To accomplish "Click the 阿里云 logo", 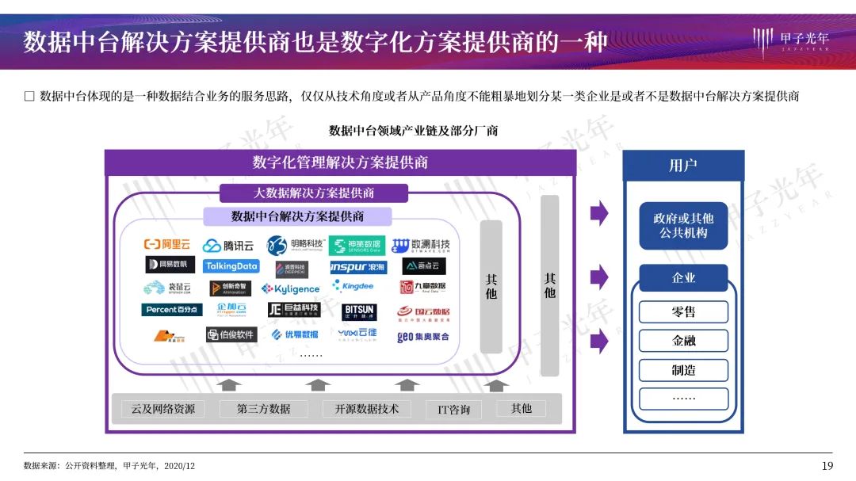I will point(166,245).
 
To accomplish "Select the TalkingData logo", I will point(231,266).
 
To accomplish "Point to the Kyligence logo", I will point(291,289).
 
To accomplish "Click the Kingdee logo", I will point(353,285).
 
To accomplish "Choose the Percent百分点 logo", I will point(172,310).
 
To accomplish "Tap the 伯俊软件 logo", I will point(231,334).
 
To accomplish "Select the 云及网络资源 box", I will point(162,409).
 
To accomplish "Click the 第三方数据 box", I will point(263,409).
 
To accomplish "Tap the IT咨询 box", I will point(453,410).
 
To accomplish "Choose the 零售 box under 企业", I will point(683,311).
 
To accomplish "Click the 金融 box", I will point(683,341).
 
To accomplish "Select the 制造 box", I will point(683,370).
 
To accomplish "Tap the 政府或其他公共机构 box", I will point(683,225).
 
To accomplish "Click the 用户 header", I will point(683,166).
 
